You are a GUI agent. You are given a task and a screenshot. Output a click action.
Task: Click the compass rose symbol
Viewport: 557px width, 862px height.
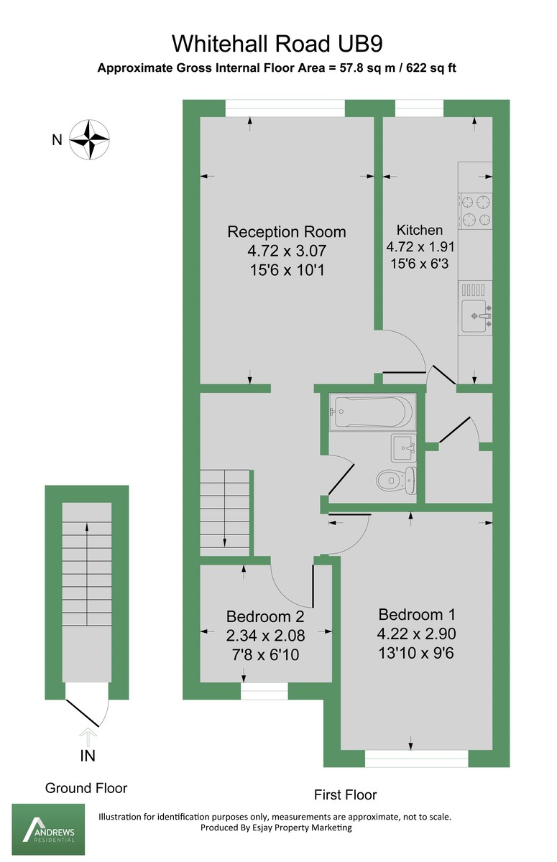pyautogui.click(x=89, y=139)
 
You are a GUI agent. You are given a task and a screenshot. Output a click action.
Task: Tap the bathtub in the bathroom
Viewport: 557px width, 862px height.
pyautogui.click(x=371, y=412)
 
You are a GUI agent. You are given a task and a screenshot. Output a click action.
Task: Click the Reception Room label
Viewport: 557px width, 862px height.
pyautogui.click(x=286, y=232)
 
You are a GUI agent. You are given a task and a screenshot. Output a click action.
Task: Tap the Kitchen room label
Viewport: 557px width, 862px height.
pyautogui.click(x=420, y=230)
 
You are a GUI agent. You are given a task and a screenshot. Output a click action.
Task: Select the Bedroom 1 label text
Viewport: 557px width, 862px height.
pyautogui.click(x=417, y=615)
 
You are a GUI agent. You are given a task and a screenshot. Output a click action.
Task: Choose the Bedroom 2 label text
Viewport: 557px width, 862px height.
pyautogui.click(x=265, y=616)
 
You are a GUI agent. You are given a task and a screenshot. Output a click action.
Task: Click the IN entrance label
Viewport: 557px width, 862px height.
pyautogui.click(x=88, y=756)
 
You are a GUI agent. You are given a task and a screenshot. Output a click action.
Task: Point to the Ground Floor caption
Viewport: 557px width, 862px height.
pyautogui.click(x=86, y=788)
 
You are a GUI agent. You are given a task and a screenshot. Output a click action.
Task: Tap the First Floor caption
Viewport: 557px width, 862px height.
pyautogui.click(x=345, y=794)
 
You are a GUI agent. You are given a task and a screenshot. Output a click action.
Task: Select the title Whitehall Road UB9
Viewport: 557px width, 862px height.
pyautogui.click(x=277, y=44)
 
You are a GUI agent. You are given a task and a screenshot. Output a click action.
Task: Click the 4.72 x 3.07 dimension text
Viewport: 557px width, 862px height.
pyautogui.click(x=286, y=251)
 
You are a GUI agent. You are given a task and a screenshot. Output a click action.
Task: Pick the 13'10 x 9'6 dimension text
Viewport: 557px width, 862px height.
pyautogui.click(x=417, y=653)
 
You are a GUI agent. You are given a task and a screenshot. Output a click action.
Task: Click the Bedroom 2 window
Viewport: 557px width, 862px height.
pyautogui.click(x=264, y=690)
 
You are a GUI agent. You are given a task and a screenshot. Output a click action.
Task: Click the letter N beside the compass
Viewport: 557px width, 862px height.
pyautogui.click(x=57, y=140)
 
